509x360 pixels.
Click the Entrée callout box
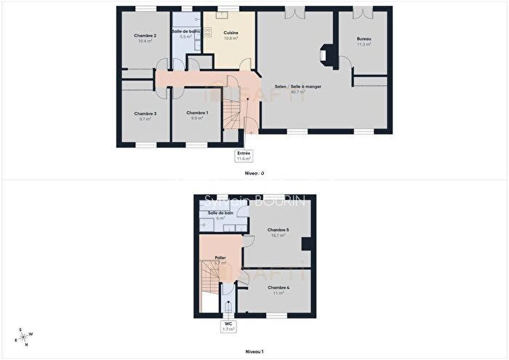[244, 156]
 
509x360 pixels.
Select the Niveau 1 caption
[254, 351]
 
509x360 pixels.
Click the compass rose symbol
[24, 336]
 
